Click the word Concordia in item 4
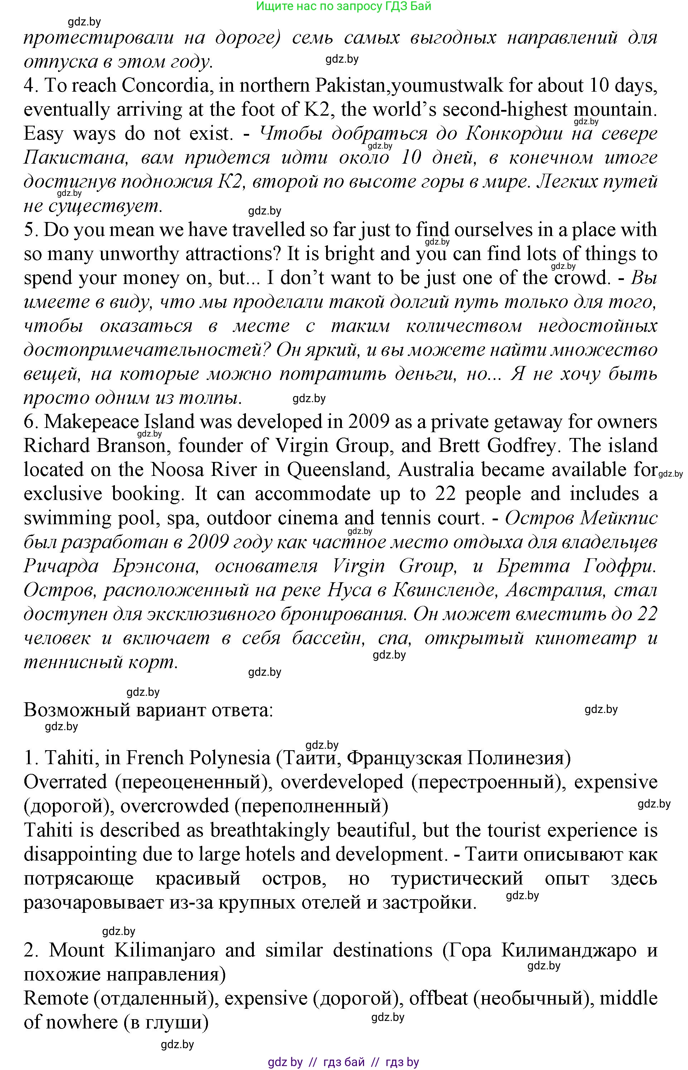pos(165,85)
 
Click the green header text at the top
pos(344,6)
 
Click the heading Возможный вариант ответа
pos(148,710)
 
